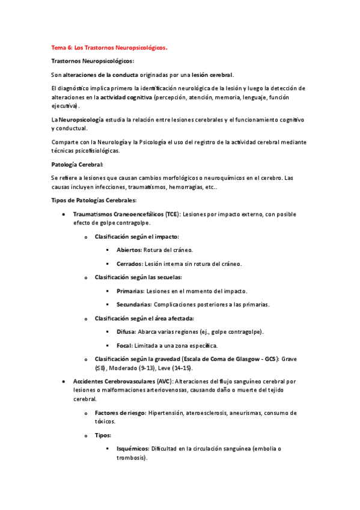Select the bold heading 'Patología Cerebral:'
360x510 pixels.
78,164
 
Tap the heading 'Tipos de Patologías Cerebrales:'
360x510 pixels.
94,200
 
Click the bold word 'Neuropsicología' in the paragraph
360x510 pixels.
81,120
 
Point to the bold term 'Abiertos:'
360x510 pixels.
129,250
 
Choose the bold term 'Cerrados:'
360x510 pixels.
129,263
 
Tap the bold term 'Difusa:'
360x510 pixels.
126,331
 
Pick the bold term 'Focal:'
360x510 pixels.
124,345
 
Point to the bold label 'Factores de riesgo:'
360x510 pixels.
120,413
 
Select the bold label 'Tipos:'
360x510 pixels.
103,435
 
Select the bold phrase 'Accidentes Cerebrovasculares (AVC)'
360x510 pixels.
123,381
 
